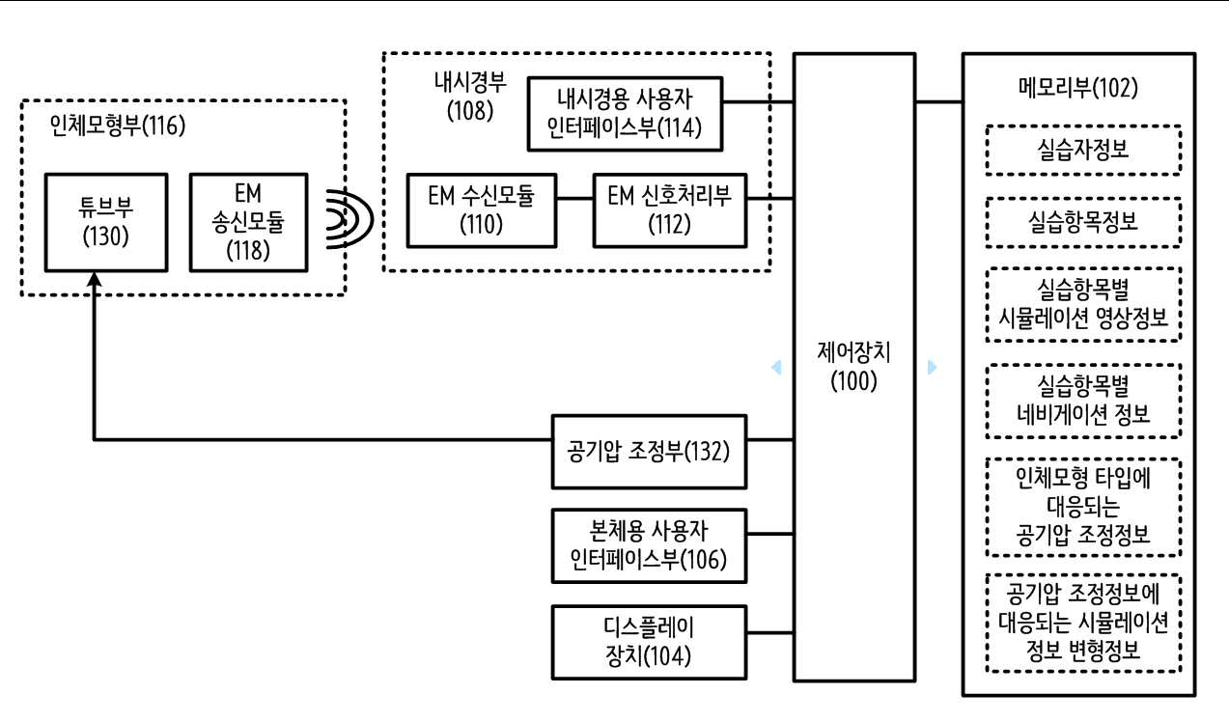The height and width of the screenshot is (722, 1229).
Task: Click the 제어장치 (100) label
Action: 853,367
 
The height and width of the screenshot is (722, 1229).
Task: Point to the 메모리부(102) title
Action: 1078,88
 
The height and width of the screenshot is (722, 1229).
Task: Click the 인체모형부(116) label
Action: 118,125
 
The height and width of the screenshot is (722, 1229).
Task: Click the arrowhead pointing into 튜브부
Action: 95,279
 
